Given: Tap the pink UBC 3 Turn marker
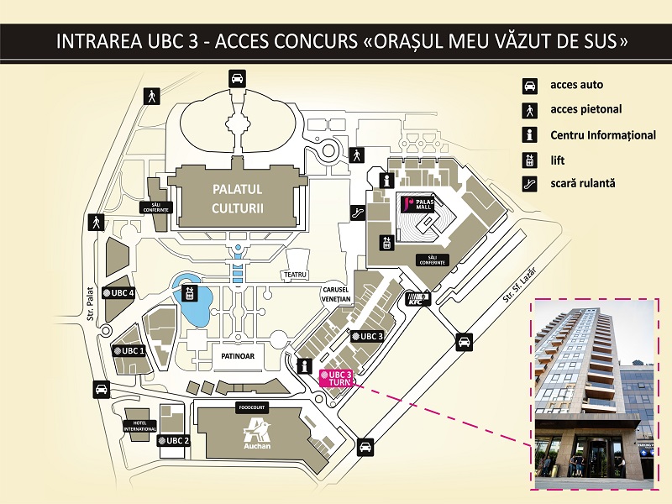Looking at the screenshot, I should coord(336,376).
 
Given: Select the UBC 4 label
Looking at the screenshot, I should coord(118,292).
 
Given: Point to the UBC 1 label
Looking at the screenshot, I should coord(129,350).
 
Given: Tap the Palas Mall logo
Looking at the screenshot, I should coord(417,204).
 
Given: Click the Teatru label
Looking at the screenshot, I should coord(297,275).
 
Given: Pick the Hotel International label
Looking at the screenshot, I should coord(139,426).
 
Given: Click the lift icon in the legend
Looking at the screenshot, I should coord(530,158).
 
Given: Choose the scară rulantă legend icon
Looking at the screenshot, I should coord(530,182).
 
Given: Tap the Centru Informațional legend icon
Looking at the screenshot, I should coord(530,134).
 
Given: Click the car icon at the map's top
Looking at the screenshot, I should coord(237,79).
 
